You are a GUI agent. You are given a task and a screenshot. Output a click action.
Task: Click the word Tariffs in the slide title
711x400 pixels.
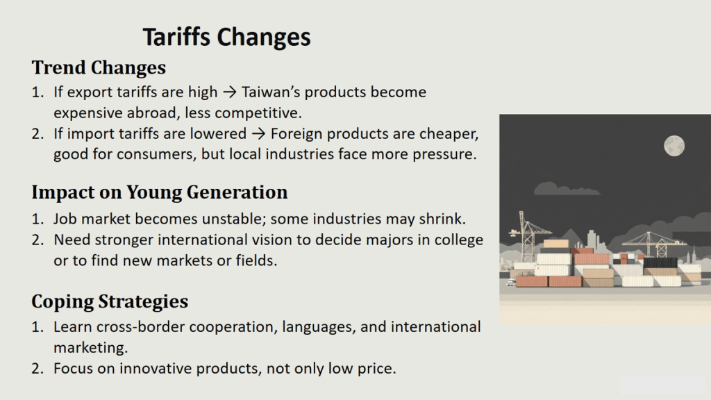(176, 37)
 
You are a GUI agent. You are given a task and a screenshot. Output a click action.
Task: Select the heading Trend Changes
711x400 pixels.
(99, 67)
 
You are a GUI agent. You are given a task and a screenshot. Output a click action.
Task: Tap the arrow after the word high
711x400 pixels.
(230, 92)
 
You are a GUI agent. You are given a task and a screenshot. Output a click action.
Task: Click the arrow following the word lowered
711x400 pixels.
(258, 134)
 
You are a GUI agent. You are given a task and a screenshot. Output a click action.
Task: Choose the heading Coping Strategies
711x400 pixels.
(110, 301)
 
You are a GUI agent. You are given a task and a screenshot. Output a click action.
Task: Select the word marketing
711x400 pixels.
(91, 348)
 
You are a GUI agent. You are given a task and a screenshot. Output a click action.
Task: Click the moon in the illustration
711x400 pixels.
(674, 146)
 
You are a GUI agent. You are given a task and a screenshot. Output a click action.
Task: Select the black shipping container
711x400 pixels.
(660, 262)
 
